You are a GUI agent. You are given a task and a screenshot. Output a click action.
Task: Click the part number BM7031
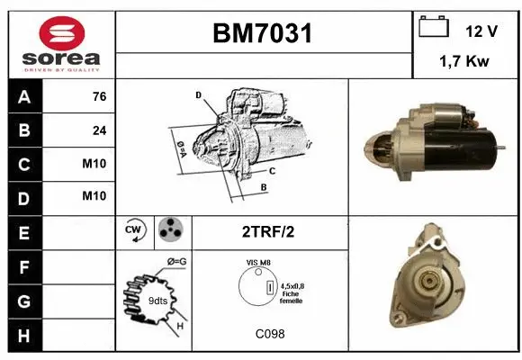pos(263,33)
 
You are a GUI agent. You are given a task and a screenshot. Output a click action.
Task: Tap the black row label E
pos(22,233)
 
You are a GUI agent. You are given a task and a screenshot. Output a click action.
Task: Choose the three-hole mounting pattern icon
pos(170,231)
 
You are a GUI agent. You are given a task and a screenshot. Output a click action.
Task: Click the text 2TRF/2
pos(269,232)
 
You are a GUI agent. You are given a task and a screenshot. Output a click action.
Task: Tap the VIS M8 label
pos(258,262)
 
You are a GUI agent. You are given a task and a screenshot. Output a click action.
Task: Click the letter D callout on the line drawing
pos(198,94)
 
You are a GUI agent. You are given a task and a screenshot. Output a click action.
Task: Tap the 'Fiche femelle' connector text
pos(292,296)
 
